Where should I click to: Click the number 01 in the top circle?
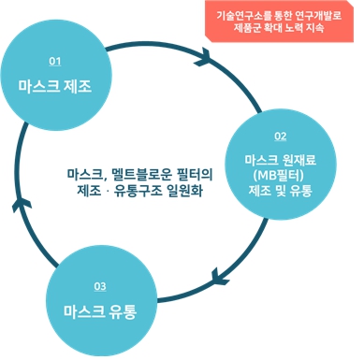[x=54, y=61]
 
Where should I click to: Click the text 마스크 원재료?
[x=280, y=158]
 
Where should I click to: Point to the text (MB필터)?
[x=280, y=174]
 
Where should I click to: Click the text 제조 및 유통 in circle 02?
[x=280, y=191]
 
